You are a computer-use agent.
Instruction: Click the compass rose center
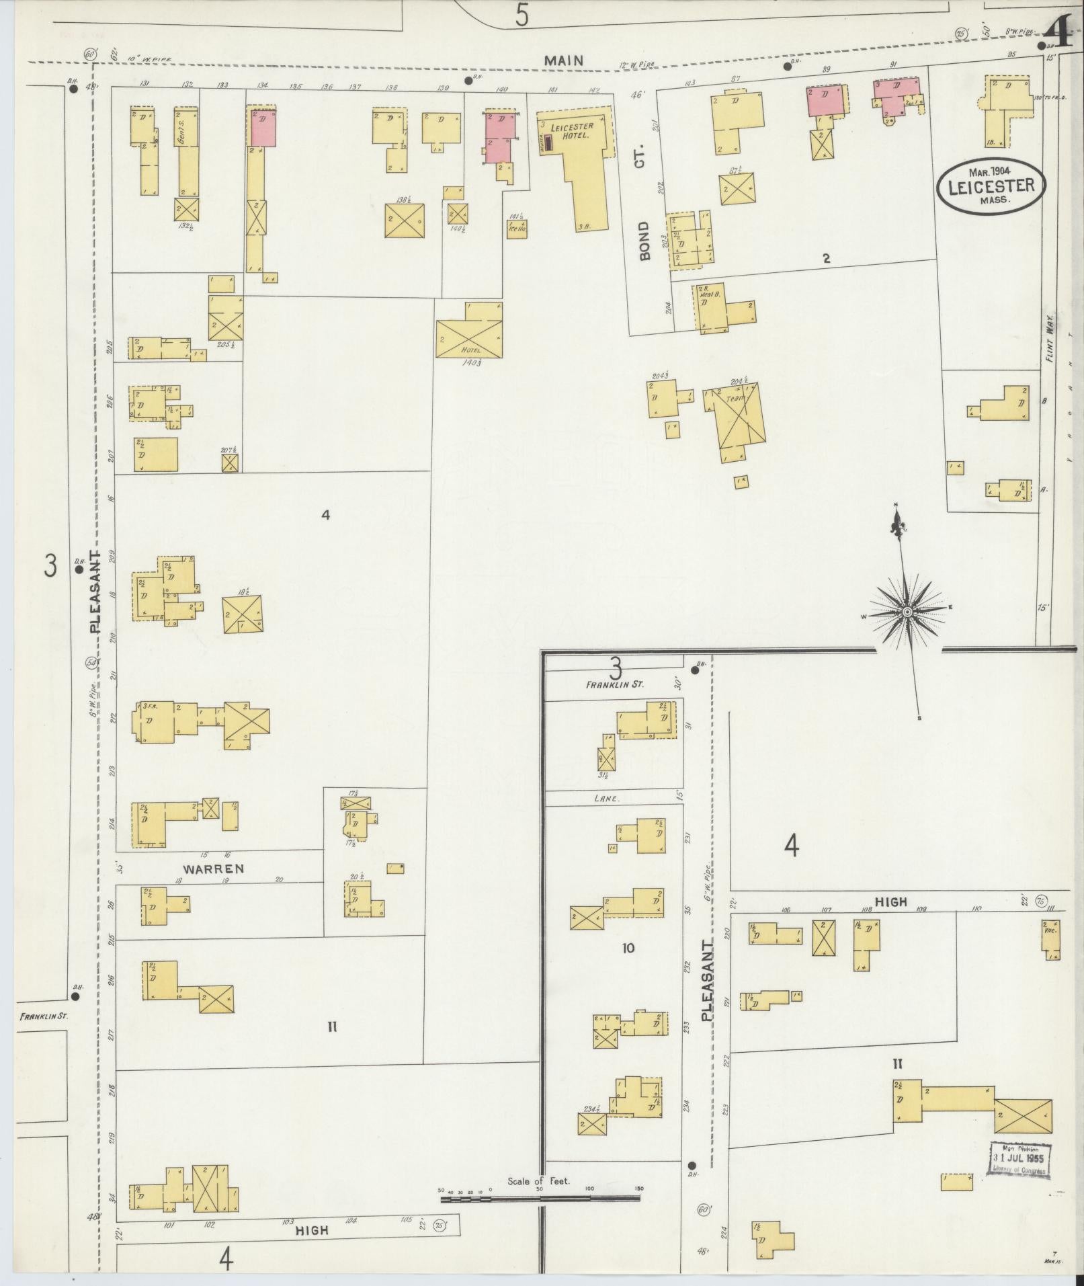[907, 612]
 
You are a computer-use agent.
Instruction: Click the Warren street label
[213, 869]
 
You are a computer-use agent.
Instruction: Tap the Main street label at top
[564, 61]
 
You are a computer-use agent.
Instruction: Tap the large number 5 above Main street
[522, 15]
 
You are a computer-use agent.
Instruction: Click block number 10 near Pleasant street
[628, 949]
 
